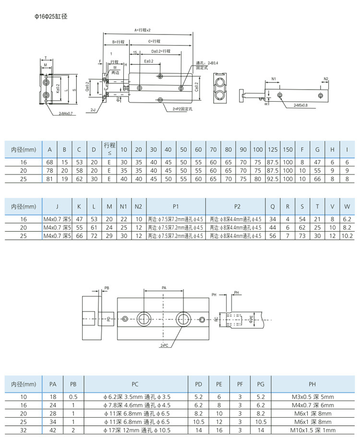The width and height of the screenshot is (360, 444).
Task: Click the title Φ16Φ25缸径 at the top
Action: click(50, 16)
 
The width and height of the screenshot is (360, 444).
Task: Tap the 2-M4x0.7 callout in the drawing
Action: click(65, 114)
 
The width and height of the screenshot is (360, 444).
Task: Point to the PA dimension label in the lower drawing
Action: click(164, 288)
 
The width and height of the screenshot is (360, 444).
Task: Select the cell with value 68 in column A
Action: click(49, 162)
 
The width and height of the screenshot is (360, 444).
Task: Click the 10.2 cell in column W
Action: click(347, 236)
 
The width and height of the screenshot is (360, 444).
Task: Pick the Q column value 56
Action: click(273, 236)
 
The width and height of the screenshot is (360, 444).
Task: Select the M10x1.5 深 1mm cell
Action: click(312, 430)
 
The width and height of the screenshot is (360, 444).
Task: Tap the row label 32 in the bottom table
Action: click(24, 430)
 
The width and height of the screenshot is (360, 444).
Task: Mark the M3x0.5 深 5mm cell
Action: click(312, 397)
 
